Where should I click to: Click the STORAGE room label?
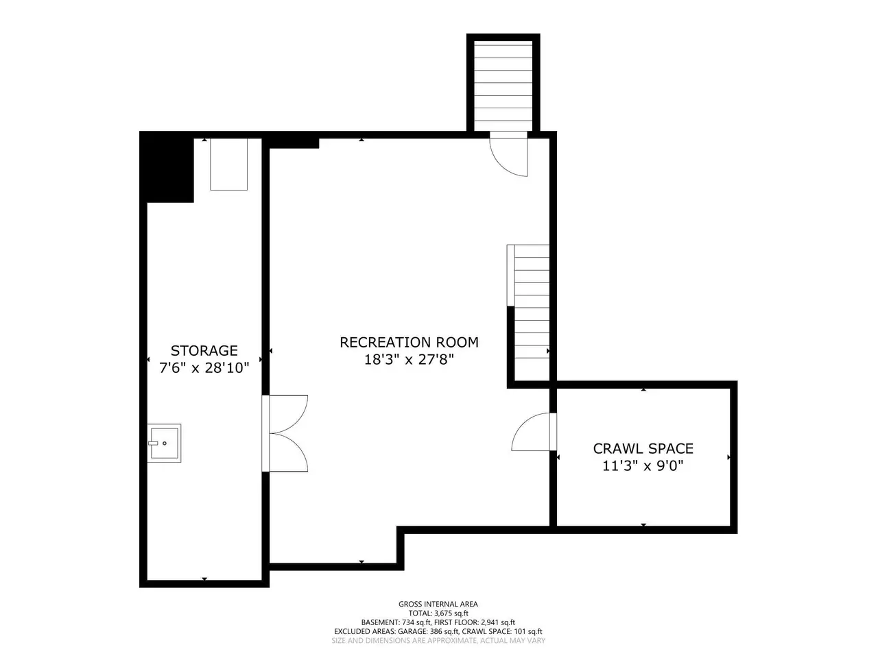[x=204, y=350]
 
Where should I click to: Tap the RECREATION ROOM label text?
[x=409, y=342]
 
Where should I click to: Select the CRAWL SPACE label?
[x=643, y=449]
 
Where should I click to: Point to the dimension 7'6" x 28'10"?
[x=204, y=367]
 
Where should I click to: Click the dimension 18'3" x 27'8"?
[x=409, y=360]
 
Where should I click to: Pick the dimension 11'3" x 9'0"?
[x=643, y=466]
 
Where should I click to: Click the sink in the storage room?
[x=164, y=443]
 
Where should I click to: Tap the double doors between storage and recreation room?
[x=285, y=433]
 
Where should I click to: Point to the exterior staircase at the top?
[x=503, y=83]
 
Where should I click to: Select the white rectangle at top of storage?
[x=229, y=164]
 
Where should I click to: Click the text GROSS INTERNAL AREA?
[x=438, y=604]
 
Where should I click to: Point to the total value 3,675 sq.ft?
[x=451, y=613]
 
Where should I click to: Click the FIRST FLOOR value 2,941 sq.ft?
[x=497, y=622]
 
